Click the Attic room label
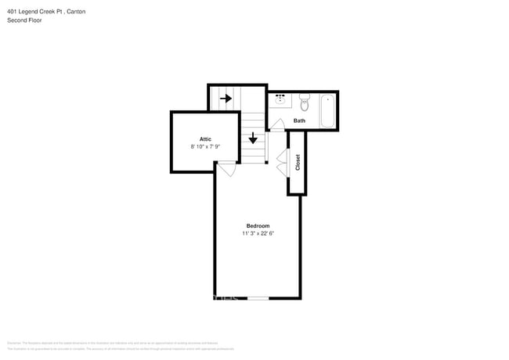pyautogui.click(x=205, y=139)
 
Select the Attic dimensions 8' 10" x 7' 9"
pyautogui.click(x=205, y=146)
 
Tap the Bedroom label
pyautogui.click(x=258, y=225)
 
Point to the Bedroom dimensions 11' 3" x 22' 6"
pyautogui.click(x=258, y=232)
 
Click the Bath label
pyautogui.click(x=299, y=121)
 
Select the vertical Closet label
pyautogui.click(x=298, y=162)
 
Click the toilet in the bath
pyautogui.click(x=305, y=102)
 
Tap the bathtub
pyautogui.click(x=327, y=110)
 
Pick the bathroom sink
pyautogui.click(x=280, y=100)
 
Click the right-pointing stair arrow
pyautogui.click(x=226, y=99)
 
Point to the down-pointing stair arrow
pyautogui.click(x=253, y=139)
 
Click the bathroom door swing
pyautogui.click(x=276, y=124)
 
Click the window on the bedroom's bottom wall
pyautogui.click(x=258, y=298)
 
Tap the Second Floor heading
pyautogui.click(x=24, y=20)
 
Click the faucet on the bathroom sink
pyautogui.click(x=280, y=95)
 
